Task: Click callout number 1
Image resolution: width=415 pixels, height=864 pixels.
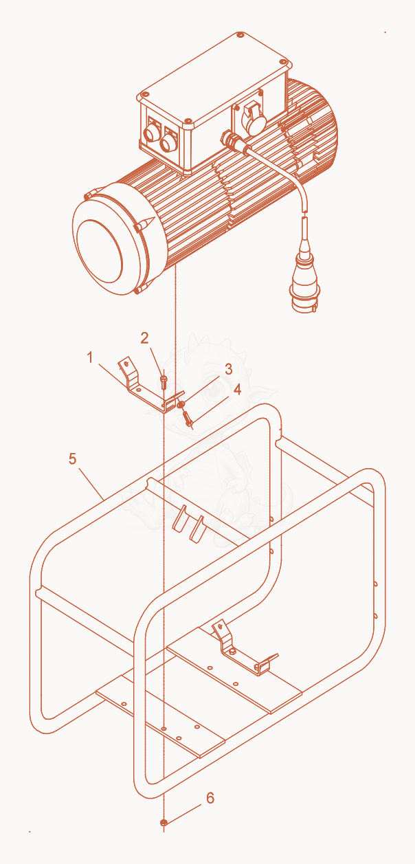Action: click(90, 357)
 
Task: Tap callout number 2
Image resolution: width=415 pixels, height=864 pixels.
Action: click(144, 338)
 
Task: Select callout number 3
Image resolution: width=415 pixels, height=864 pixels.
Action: click(229, 369)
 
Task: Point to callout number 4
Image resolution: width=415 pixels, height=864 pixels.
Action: click(237, 390)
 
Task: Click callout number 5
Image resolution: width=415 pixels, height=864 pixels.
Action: click(73, 458)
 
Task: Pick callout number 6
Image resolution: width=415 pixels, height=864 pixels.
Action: click(210, 798)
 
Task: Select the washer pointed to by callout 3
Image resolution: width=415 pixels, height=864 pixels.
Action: click(180, 404)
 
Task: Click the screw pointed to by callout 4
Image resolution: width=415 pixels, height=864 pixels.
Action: click(188, 419)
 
